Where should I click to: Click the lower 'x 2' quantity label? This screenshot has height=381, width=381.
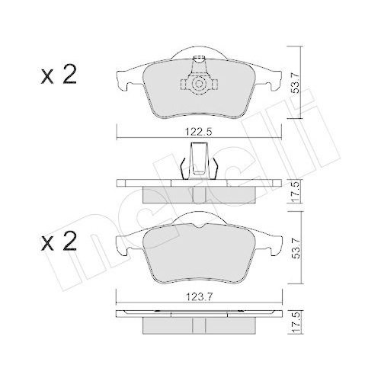pos(59,244)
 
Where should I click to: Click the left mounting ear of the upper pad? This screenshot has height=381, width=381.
pos(123,77)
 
